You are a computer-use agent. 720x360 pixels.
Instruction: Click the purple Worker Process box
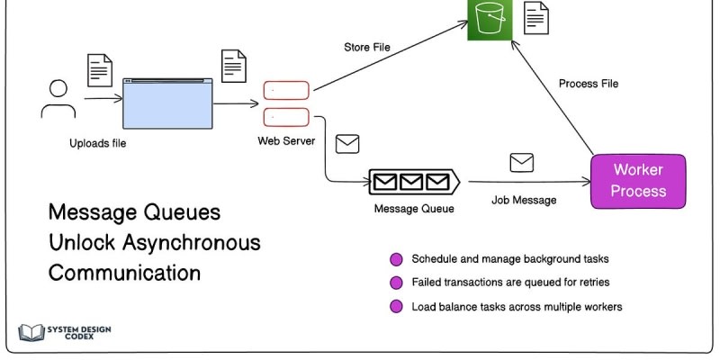pyautogui.click(x=638, y=181)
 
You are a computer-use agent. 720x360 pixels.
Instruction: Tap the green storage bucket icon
pyautogui.click(x=488, y=18)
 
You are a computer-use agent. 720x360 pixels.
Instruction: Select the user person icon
pyautogui.click(x=58, y=99)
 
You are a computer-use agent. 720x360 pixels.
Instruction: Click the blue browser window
pyautogui.click(x=167, y=102)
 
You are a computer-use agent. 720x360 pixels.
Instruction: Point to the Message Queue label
pyautogui.click(x=414, y=209)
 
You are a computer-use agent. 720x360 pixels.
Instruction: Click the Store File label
pyautogui.click(x=367, y=47)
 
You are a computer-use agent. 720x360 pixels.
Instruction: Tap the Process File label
pyautogui.click(x=589, y=84)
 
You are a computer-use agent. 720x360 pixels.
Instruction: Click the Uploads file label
pyautogui.click(x=98, y=143)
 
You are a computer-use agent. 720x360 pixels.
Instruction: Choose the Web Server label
pyautogui.click(x=285, y=140)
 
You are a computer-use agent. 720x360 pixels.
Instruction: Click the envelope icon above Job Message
pyautogui.click(x=522, y=163)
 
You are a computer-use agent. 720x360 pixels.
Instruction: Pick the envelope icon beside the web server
pyautogui.click(x=347, y=143)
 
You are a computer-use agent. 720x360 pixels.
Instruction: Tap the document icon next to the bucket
pyautogui.click(x=536, y=17)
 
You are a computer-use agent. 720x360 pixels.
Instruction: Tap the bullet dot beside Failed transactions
pyautogui.click(x=396, y=283)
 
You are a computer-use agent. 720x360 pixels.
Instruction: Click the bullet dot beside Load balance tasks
pyautogui.click(x=396, y=307)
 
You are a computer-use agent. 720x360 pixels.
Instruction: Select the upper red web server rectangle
pyautogui.click(x=286, y=90)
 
